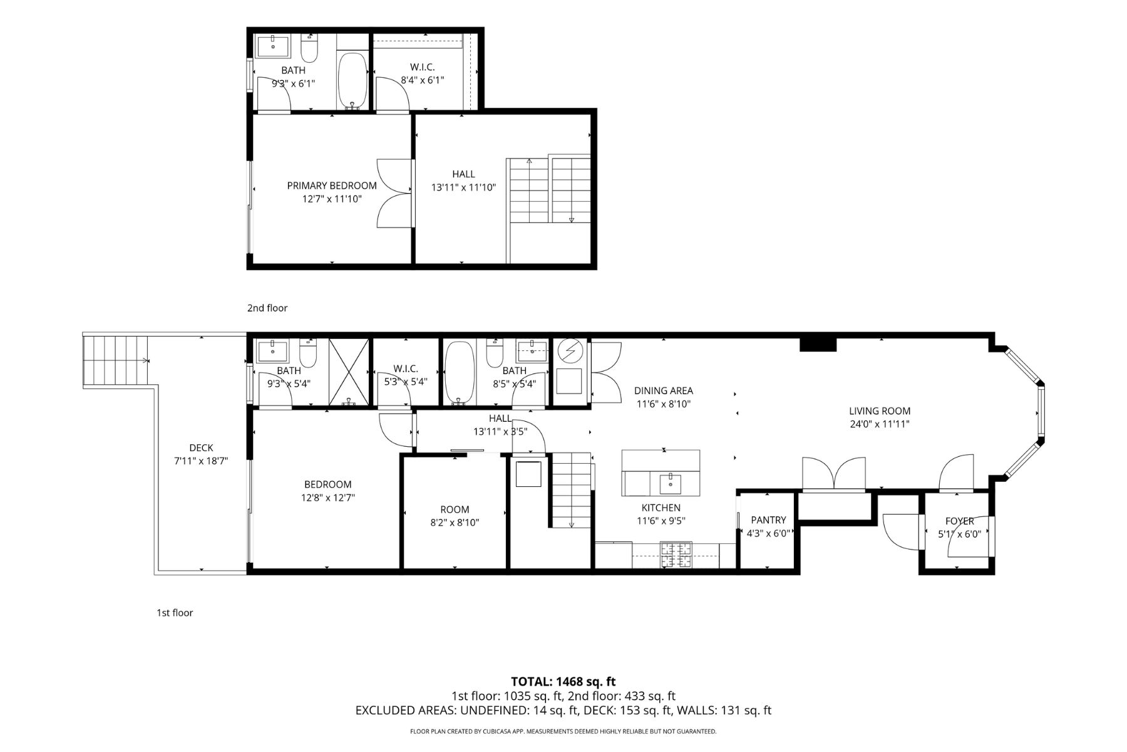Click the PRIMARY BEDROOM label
click(x=332, y=185)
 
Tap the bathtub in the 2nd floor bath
click(x=353, y=80)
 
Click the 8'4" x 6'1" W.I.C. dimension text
click(x=423, y=80)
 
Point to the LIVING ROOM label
click(x=879, y=411)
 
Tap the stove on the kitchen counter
click(x=677, y=554)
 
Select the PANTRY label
click(x=768, y=520)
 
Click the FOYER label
click(x=959, y=521)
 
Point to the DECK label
click(x=201, y=447)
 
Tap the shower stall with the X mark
click(x=350, y=373)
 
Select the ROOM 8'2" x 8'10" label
click(x=455, y=509)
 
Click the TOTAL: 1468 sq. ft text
click(x=563, y=682)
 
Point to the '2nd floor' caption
click(x=267, y=308)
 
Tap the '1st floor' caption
click(x=175, y=612)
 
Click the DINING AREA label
click(x=664, y=390)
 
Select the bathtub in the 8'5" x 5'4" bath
click(x=460, y=373)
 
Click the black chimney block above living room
click(x=818, y=344)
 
